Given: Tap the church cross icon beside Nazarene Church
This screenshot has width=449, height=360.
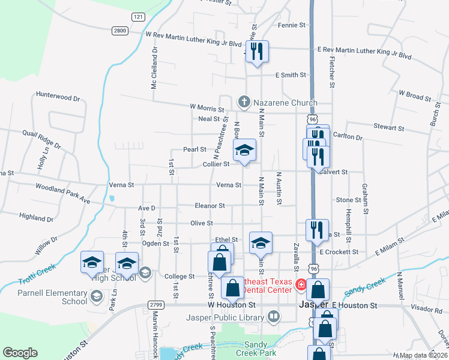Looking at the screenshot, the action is (x=244, y=102).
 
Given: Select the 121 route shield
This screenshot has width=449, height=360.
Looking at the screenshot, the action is (x=139, y=17).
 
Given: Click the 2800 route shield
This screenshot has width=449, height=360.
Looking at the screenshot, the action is (x=120, y=30).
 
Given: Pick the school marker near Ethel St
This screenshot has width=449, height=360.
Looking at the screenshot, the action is (x=261, y=243).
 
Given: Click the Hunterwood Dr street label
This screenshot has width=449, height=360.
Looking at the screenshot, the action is (x=58, y=97).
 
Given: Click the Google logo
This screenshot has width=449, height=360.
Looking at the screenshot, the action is (x=20, y=353).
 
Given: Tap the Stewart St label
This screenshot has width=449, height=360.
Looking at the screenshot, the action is (x=388, y=128).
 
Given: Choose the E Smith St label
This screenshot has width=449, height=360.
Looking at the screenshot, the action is (x=291, y=76).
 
